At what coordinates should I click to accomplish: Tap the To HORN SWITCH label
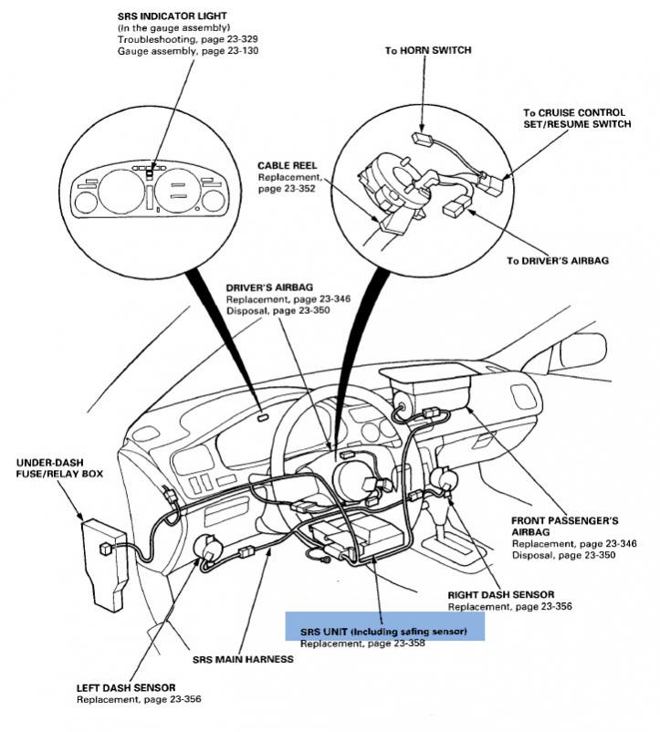[427, 50]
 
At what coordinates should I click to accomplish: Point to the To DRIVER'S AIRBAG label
[558, 260]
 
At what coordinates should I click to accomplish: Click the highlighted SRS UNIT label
[384, 631]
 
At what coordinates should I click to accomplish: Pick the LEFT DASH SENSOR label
[126, 686]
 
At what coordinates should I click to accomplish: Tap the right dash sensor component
[445, 479]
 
